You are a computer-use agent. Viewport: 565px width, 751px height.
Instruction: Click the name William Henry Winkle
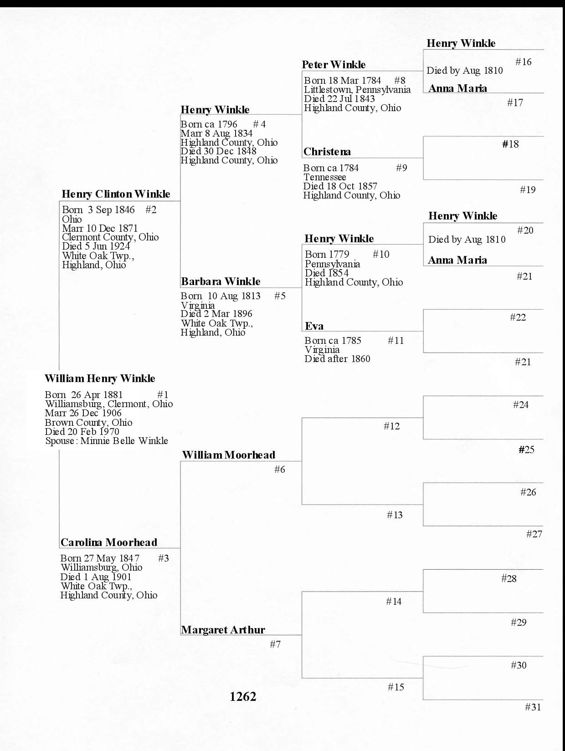[100, 378]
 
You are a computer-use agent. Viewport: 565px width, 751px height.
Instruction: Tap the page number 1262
[243, 696]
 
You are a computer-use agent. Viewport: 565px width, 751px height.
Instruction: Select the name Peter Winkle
[334, 65]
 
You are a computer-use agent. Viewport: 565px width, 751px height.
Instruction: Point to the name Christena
[327, 152]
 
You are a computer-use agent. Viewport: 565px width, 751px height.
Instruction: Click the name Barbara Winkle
[221, 281]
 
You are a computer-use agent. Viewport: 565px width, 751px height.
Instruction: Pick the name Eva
[314, 326]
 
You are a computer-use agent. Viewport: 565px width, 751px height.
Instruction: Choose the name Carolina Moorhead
[109, 542]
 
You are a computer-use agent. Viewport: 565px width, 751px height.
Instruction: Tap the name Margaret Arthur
[223, 630]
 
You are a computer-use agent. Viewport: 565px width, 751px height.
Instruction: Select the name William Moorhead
[229, 455]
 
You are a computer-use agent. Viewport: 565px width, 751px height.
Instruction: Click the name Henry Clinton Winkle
[116, 194]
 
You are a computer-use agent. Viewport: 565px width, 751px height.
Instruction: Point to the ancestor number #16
[523, 62]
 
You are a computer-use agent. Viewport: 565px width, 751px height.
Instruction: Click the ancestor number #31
[533, 707]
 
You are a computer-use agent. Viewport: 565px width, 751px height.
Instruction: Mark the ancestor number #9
[401, 168]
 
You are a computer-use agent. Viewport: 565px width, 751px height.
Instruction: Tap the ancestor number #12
[391, 426]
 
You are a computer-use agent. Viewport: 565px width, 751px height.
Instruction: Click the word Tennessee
[325, 177]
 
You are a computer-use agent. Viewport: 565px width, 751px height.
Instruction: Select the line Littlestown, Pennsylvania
[357, 90]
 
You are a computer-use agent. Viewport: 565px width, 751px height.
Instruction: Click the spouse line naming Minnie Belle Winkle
[107, 441]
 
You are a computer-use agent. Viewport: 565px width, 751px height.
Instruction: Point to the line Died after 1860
[337, 359]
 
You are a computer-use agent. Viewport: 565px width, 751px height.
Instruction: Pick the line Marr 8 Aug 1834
[216, 133]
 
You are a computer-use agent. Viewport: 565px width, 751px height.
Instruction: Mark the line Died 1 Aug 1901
[96, 577]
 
